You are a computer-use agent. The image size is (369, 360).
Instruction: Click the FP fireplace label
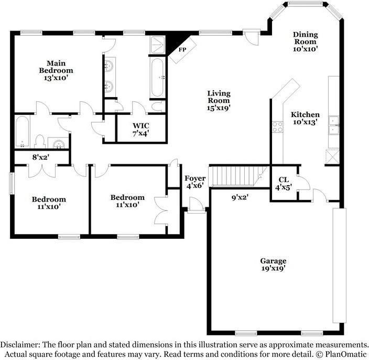coord(182,49)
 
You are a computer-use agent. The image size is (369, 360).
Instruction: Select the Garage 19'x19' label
coord(273,264)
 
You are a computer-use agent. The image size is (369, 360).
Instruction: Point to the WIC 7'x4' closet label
coord(140,129)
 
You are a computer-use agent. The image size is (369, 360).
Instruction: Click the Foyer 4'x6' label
coord(195,182)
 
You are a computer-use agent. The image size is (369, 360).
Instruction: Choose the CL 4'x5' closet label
coord(284,184)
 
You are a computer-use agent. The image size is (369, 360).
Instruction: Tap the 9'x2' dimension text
coord(240,197)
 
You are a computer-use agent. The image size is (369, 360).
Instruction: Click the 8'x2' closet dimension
coord(41,157)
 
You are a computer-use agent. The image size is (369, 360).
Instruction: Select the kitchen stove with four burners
coord(277,127)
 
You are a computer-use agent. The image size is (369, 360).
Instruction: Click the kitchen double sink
coord(334,125)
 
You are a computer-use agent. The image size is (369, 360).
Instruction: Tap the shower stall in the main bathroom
coord(157,45)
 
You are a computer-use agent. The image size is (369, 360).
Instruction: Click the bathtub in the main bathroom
coord(157,78)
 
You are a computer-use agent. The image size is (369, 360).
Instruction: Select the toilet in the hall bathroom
coord(39,142)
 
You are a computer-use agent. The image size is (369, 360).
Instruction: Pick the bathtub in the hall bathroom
coord(23,132)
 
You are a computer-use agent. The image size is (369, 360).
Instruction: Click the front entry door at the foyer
coord(196,206)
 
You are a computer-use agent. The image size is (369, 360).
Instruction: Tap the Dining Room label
coord(306,41)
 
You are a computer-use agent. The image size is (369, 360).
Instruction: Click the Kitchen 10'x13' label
coord(305,118)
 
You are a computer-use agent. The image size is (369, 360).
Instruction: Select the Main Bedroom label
coord(56,70)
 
